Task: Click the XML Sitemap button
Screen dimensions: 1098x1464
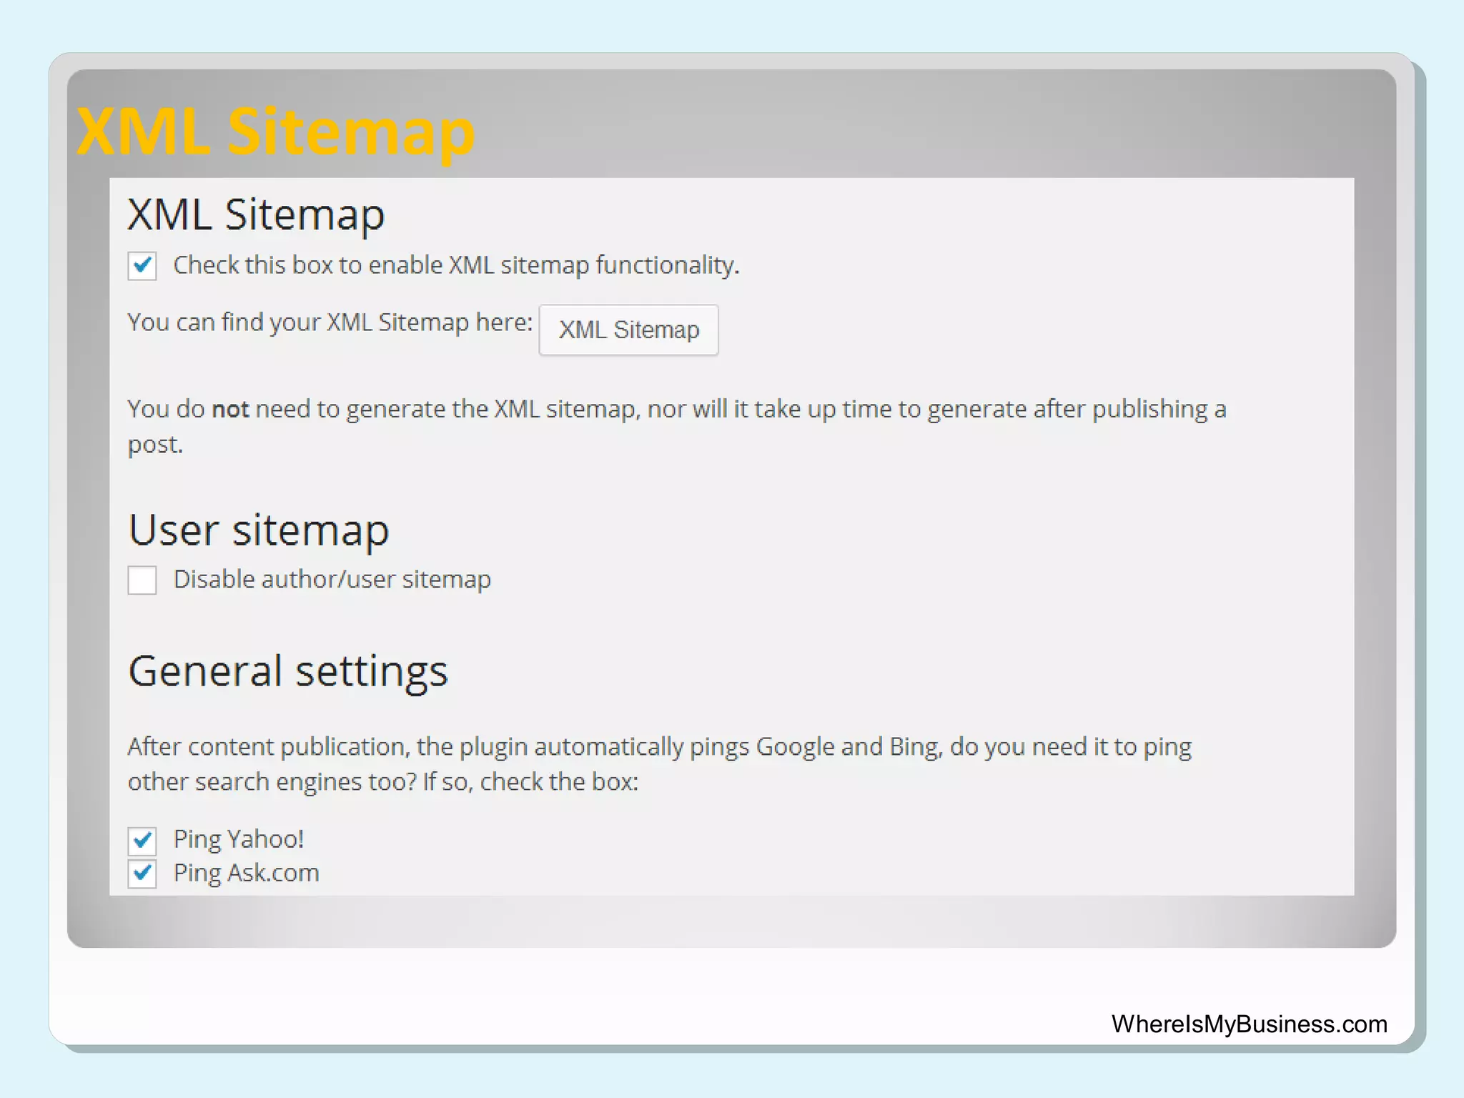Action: [x=628, y=330]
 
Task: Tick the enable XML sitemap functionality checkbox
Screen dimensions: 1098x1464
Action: [x=142, y=266]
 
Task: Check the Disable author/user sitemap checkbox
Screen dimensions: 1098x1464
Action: [x=142, y=580]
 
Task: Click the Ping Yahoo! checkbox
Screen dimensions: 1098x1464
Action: [x=142, y=841]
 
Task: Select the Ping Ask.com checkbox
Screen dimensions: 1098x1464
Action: [x=142, y=874]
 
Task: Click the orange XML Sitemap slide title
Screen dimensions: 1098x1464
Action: [x=276, y=132]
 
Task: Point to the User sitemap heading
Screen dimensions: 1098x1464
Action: [x=259, y=530]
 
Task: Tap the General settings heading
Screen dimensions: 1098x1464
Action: [x=288, y=671]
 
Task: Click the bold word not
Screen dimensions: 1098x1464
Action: [x=230, y=410]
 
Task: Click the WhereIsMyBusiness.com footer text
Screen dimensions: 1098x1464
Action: [x=1249, y=1024]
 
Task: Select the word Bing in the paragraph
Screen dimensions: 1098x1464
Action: [x=915, y=747]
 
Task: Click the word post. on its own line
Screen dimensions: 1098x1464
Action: [x=155, y=445]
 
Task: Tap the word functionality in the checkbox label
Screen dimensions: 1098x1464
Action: [x=667, y=265]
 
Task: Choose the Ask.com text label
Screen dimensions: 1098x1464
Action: [x=273, y=873]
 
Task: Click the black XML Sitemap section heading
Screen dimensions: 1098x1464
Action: [x=256, y=214]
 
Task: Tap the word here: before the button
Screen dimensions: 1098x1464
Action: [x=504, y=322]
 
